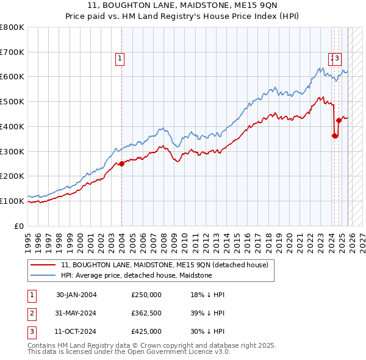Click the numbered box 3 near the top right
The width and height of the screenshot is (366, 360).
(x=337, y=59)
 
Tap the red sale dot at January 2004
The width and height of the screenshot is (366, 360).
(x=121, y=163)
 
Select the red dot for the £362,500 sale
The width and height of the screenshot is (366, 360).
(x=334, y=135)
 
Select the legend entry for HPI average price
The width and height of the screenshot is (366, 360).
(x=136, y=275)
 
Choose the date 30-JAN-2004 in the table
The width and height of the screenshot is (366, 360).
(x=76, y=295)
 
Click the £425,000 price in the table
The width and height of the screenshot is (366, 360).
(x=146, y=331)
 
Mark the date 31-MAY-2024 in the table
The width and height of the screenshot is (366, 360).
(x=76, y=313)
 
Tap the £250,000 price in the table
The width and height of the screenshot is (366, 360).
(x=146, y=295)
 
